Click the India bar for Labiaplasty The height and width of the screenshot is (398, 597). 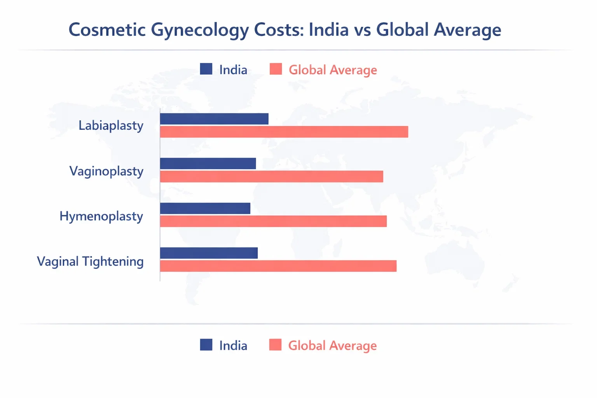pyautogui.click(x=214, y=119)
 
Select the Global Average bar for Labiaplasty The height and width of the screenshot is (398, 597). pyautogui.click(x=284, y=132)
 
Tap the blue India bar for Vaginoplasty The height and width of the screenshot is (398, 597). pyautogui.click(x=208, y=164)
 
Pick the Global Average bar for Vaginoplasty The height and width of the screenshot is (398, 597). pyautogui.click(x=272, y=176)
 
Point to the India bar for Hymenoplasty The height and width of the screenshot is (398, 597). pyautogui.click(x=205, y=208)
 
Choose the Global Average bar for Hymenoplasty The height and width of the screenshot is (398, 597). pyautogui.click(x=273, y=221)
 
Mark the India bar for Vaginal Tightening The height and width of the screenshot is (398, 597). pyautogui.click(x=209, y=253)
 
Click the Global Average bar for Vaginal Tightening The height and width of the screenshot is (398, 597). pyautogui.click(x=278, y=266)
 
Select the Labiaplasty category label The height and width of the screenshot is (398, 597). pyautogui.click(x=111, y=126)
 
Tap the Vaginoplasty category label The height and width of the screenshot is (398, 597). pyautogui.click(x=106, y=171)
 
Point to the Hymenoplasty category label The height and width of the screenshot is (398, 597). pyautogui.click(x=101, y=216)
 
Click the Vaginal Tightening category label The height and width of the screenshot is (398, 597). pyautogui.click(x=90, y=261)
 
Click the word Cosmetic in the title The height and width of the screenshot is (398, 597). pyautogui.click(x=107, y=30)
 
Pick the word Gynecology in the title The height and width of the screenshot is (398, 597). pyautogui.click(x=199, y=30)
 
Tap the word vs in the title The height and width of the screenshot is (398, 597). pyautogui.click(x=362, y=30)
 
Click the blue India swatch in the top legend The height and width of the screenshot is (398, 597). pyautogui.click(x=206, y=69)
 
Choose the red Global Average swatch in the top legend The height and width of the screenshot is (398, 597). pyautogui.click(x=276, y=69)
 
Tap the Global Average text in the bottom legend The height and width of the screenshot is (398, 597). pyautogui.click(x=332, y=346)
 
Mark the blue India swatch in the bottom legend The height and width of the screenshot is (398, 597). pyautogui.click(x=206, y=345)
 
